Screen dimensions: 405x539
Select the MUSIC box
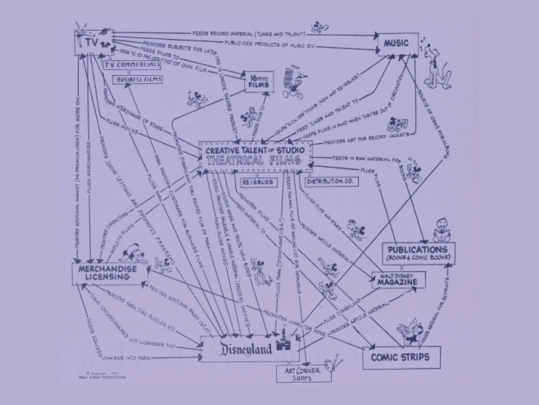coord(398,43)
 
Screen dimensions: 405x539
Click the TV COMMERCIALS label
coord(133,65)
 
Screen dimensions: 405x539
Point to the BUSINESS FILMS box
coord(137,79)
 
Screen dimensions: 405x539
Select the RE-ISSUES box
coord(255,182)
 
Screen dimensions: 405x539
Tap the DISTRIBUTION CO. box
coord(329,181)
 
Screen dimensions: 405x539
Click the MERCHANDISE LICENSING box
coord(102,273)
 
